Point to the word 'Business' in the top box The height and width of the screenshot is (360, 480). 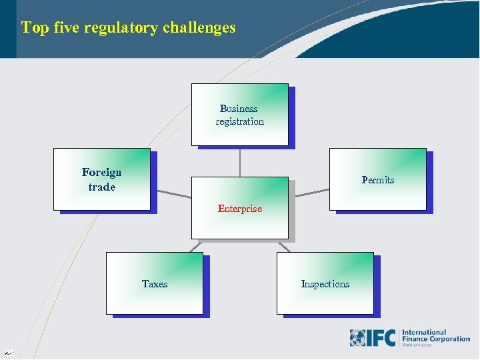(239, 109)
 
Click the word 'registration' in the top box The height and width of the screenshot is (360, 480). (239, 121)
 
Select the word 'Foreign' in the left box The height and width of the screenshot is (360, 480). (101, 173)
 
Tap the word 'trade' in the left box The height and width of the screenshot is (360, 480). (101, 187)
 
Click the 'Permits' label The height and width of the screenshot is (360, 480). (377, 180)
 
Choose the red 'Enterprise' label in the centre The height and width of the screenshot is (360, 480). (240, 209)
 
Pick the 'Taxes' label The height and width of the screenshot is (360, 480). (155, 284)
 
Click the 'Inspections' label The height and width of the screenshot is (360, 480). (325, 284)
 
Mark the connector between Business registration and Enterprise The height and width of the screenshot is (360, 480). (240, 161)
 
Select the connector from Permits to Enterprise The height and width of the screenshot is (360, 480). (312, 194)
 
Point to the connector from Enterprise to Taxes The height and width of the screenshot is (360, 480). (196, 245)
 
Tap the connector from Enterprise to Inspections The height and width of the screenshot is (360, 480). (283, 245)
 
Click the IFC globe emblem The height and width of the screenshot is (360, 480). (357, 338)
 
